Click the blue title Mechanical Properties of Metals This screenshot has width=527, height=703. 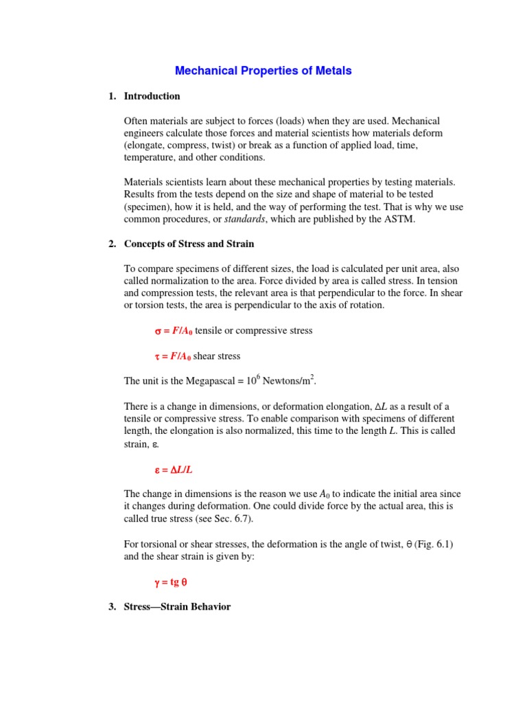pos(263,71)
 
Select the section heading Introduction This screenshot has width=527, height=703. pos(152,96)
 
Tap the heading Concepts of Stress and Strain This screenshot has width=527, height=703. pos(189,244)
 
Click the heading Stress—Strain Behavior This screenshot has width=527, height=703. pos(177,607)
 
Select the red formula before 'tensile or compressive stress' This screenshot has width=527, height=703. pos(173,331)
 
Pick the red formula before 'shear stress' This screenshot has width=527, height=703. pos(173,356)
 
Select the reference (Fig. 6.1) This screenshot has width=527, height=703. pos(432,544)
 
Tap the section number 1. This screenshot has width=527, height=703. pos(112,96)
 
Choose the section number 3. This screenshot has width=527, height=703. pos(112,607)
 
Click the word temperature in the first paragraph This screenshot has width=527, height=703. pos(149,158)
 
